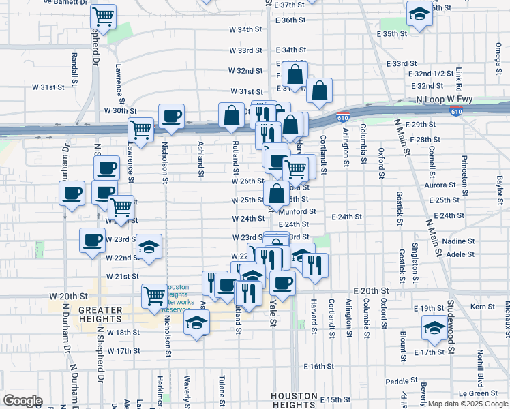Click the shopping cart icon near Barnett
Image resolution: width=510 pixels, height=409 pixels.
tap(103, 16)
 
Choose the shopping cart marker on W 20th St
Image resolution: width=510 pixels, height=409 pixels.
tap(155, 295)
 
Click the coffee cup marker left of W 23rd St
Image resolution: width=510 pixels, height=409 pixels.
tap(93, 239)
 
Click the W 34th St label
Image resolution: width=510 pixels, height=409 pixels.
tap(245, 30)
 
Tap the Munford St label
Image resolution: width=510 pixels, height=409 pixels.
tap(301, 211)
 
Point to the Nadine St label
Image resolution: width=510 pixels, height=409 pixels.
tap(458, 241)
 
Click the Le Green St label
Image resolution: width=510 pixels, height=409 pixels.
tap(478, 393)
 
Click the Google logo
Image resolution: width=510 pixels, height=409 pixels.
tap(22, 400)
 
